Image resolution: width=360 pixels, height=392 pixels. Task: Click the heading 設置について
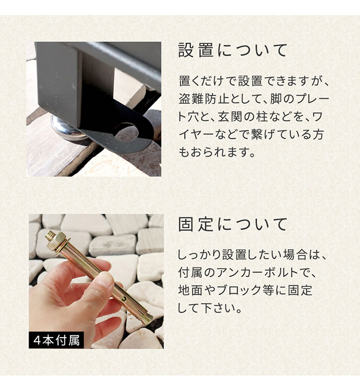pos(233,51)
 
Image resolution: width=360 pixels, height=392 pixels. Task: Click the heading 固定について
pos(233,225)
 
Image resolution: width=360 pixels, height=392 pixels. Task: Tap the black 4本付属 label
pos(56,340)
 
